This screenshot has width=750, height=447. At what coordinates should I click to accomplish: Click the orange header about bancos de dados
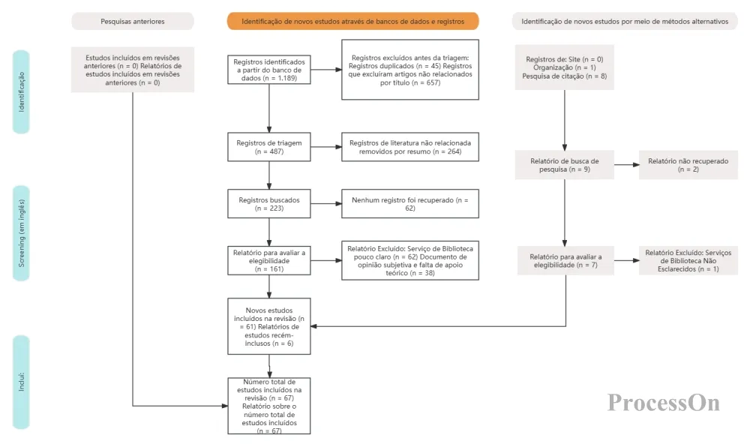pos(352,21)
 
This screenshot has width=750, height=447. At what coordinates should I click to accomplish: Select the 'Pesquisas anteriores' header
pos(133,21)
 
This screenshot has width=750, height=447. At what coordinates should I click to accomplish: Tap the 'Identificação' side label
pos(21,91)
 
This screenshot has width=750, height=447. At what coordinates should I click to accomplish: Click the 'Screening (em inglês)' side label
pos(21,232)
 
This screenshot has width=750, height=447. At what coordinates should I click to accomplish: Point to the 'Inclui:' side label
pos(21,382)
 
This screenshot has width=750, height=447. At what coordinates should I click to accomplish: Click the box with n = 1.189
pos(268,70)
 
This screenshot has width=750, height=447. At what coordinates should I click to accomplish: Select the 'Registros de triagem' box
pos(268,147)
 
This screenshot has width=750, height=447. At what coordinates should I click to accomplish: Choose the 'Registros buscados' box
pos(268,204)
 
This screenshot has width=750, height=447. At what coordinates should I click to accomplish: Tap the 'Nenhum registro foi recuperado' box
pos(410,204)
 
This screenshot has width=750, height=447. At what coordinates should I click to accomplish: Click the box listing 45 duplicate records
pos(410,70)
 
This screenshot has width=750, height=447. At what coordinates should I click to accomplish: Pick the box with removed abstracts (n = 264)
pos(410,147)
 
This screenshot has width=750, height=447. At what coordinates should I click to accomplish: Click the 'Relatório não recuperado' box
pos(688,165)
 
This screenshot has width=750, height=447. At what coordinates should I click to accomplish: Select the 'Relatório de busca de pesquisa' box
pos(565,165)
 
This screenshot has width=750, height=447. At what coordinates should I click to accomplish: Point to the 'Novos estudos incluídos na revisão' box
pos(268,326)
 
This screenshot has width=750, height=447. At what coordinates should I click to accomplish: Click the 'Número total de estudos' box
pos(268,406)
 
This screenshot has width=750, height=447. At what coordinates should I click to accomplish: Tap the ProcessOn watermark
pos(664,403)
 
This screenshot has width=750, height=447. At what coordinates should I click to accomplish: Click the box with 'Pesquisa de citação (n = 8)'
pos(565,67)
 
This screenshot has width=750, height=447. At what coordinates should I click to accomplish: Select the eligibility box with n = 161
pos(268,260)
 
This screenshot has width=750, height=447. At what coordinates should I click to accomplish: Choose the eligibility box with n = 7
pos(565,260)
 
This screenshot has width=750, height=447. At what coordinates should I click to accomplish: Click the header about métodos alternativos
pos(625,21)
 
